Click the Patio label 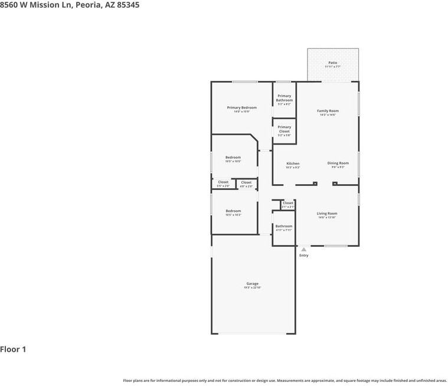coord(333,63)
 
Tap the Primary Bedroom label coord(242,107)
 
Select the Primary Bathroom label coord(285,98)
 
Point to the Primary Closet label coord(285,129)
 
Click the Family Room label coord(328,111)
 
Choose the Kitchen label coord(293,163)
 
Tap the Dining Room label coord(338,163)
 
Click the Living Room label coord(327,214)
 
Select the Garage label coord(253,283)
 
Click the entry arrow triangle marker coord(304,250)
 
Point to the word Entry coord(304,256)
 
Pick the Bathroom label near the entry coord(284,226)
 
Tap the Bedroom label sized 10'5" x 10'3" coord(233,211)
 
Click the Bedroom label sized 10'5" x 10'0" coord(233,157)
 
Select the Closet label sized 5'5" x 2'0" coord(223,182)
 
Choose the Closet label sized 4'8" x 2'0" coord(246,182)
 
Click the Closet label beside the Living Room coord(288,203)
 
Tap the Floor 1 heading coord(13,349)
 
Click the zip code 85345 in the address coord(127,5)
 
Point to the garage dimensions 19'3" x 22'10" coord(253,288)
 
